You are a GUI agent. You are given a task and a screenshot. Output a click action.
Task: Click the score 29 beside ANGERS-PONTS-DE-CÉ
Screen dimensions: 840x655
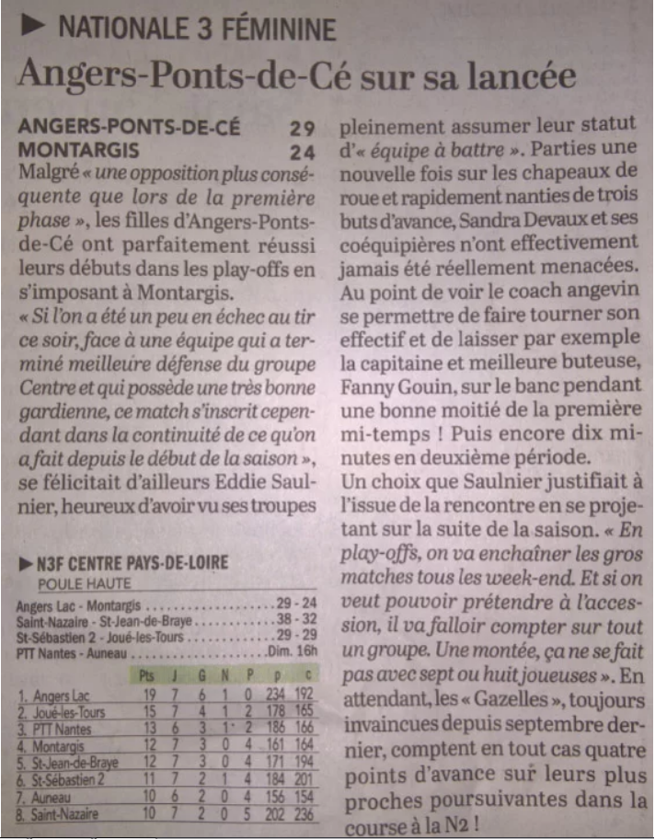pos(302,129)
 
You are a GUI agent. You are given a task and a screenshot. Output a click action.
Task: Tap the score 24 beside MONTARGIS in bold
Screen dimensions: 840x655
pos(302,151)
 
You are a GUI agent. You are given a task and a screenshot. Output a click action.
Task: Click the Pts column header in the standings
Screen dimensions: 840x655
pos(144,676)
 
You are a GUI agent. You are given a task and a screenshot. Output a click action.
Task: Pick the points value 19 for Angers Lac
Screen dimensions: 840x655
pos(144,696)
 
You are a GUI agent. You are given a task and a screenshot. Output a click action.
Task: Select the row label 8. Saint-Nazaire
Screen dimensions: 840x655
pos(58,813)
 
